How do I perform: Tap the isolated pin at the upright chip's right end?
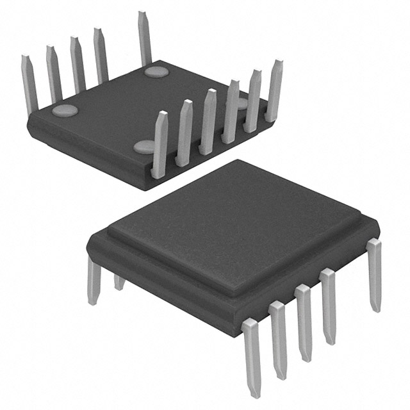374,275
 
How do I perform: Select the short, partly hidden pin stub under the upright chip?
119,282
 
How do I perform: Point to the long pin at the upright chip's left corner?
94,282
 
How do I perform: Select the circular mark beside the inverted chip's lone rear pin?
156,71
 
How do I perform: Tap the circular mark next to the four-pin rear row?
65,110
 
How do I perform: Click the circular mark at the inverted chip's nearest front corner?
145,147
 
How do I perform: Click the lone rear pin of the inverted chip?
144,38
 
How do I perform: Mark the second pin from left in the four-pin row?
53,74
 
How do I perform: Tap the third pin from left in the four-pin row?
77,64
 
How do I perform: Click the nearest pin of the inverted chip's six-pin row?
160,144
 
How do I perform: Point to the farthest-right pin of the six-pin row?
275,90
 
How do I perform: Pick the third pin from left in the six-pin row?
208,122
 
